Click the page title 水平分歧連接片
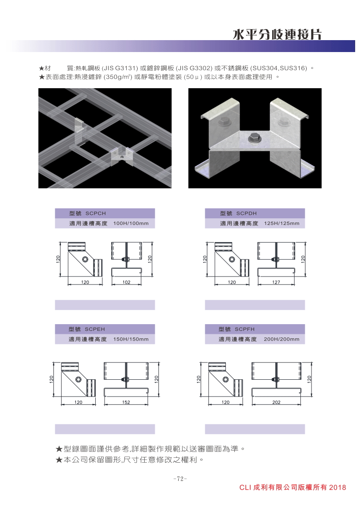(x=277, y=34)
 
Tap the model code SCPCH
(x=96, y=213)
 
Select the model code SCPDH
(x=247, y=213)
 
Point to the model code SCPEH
(x=95, y=329)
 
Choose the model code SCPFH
(x=244, y=329)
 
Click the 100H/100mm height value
(x=131, y=223)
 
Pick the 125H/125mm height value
(x=281, y=223)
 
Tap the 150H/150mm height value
(x=131, y=339)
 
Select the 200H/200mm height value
(x=281, y=339)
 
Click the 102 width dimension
(x=126, y=282)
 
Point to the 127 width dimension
(x=276, y=282)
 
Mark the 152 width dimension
(x=126, y=402)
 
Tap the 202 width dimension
(x=276, y=402)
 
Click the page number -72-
(x=180, y=479)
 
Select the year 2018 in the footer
(x=337, y=488)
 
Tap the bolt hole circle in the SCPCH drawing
(x=85, y=260)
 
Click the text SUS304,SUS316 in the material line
(x=279, y=68)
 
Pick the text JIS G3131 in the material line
(x=120, y=68)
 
